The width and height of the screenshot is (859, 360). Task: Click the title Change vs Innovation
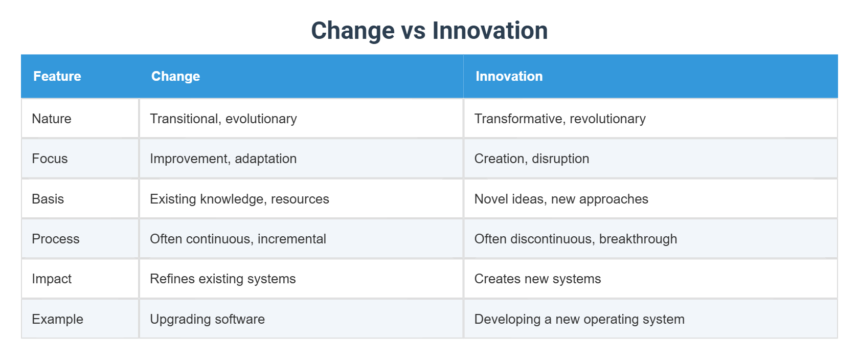pos(429,31)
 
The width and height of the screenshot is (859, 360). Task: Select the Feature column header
pos(57,76)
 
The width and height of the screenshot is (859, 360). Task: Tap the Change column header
pos(175,76)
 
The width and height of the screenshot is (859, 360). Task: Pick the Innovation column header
pos(509,76)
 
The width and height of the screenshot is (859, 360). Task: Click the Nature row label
pos(52,119)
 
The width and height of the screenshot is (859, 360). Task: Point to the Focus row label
pos(50,159)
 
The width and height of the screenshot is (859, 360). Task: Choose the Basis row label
pos(48,199)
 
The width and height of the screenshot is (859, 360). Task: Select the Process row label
pos(56,239)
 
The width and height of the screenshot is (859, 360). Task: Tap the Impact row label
pos(52,279)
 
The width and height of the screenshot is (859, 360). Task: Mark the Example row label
pos(57,319)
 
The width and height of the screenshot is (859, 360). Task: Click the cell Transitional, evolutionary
pos(223,119)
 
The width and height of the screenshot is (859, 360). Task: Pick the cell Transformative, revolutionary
pos(560,119)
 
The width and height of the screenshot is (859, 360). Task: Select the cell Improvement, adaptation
pos(223,159)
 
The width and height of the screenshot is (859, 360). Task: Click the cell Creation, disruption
pos(532,159)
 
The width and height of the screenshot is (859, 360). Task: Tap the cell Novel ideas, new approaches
pos(561,199)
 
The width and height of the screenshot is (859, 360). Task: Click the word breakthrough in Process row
pos(638,239)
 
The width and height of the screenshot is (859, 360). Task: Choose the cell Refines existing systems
pos(222,279)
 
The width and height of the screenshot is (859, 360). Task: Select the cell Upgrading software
pos(207,319)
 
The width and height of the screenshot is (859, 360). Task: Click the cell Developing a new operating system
pos(579,319)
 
